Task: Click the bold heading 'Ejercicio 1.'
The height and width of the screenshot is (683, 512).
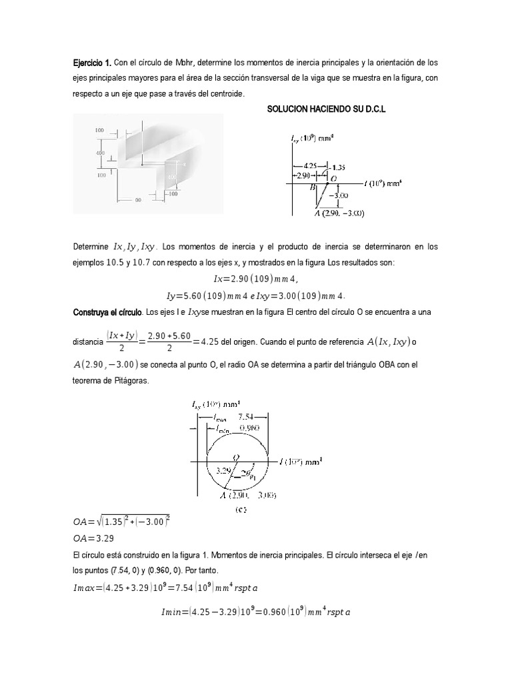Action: point(92,63)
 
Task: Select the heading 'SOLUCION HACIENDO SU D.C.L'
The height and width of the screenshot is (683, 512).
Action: point(326,108)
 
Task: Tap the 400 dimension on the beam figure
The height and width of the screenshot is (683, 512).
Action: point(100,153)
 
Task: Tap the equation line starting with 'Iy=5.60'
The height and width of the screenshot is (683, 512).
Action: point(257,294)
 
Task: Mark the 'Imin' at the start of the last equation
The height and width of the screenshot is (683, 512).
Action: point(175,610)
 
